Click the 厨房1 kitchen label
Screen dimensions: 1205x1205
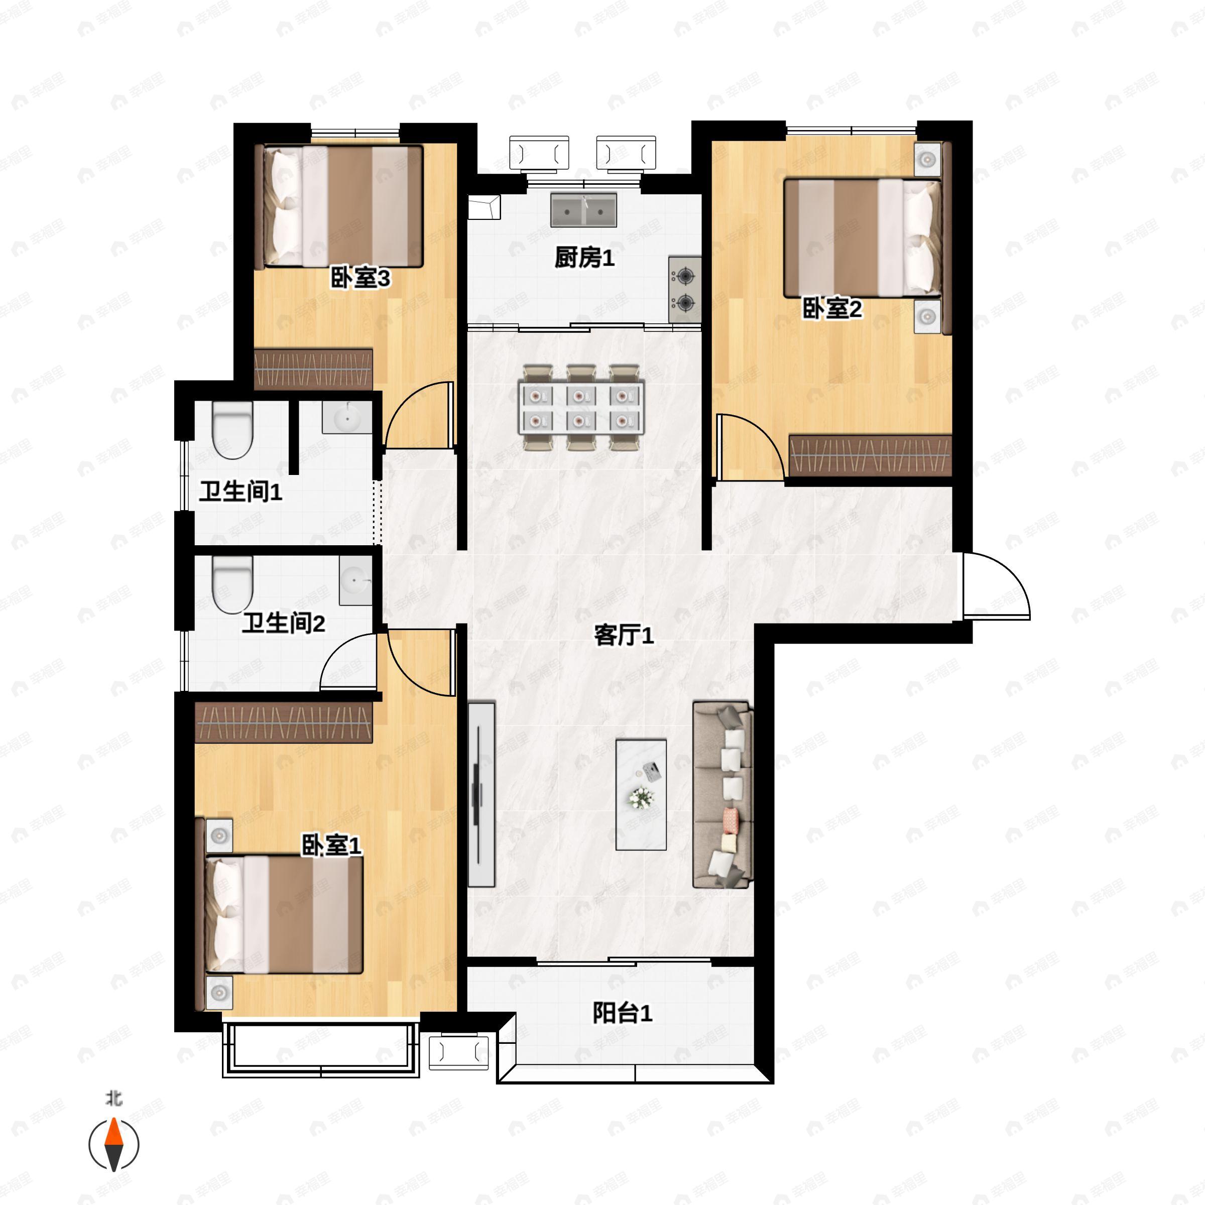(584, 258)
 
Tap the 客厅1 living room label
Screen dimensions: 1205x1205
(624, 636)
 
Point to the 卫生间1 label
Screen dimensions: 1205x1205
(241, 492)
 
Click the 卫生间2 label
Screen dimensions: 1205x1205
(284, 623)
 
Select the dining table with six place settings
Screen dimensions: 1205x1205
(581, 407)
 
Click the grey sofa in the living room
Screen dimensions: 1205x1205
(723, 794)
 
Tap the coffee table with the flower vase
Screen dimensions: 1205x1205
(641, 795)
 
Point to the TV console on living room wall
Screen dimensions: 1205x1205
(481, 795)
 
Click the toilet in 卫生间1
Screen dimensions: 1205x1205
(232, 430)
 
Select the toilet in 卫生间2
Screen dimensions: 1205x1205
(232, 584)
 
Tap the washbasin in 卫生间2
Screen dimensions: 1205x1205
(355, 581)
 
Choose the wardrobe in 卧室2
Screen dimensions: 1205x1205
(870, 456)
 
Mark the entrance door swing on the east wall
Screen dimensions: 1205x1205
(996, 585)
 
